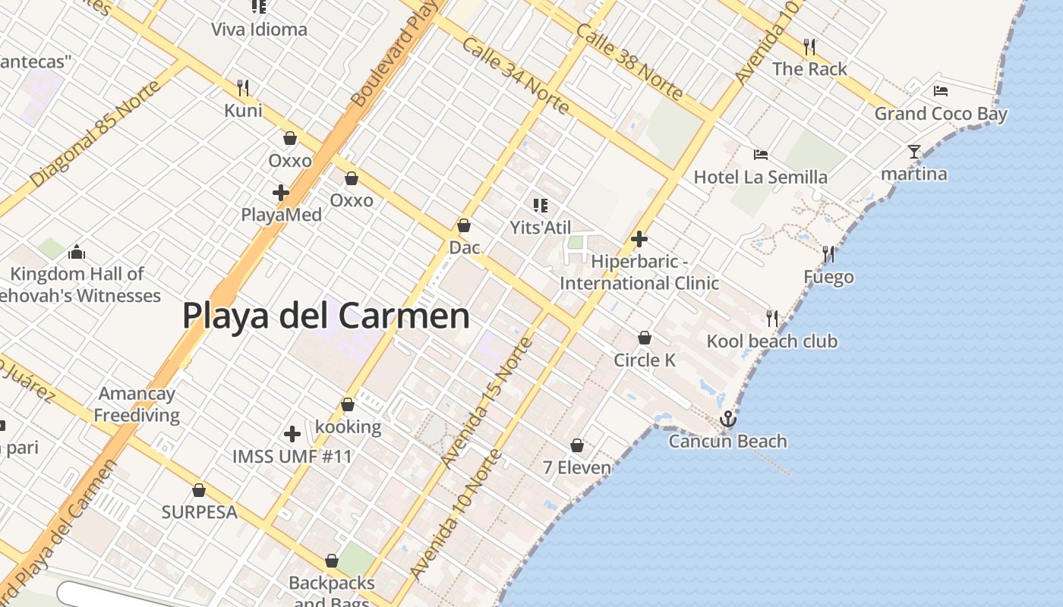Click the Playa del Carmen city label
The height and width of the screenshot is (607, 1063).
[x=326, y=316]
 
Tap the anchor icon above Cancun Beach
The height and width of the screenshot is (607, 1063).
[x=728, y=419]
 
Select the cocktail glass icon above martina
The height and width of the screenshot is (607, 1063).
[x=914, y=152]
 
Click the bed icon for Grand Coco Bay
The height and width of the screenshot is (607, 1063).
[x=941, y=91]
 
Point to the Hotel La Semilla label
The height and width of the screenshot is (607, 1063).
[x=760, y=178]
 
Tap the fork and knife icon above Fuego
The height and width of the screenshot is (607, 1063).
[x=828, y=253]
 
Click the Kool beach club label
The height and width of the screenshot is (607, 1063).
[x=771, y=341]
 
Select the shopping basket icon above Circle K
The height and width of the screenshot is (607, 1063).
[x=645, y=338]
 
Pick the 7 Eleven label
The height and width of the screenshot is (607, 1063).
[x=577, y=467]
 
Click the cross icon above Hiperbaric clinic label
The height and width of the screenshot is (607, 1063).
[x=639, y=239]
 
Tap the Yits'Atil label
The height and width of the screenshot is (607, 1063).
[x=540, y=228]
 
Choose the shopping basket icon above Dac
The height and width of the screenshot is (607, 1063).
[x=464, y=225]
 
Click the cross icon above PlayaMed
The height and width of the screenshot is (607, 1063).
[x=281, y=193]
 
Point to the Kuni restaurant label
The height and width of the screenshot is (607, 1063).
[x=243, y=111]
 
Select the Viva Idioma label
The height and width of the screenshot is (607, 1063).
[x=259, y=30]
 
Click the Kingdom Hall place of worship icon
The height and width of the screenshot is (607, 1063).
[x=76, y=252]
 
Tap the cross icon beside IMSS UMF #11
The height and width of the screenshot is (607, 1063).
[x=292, y=434]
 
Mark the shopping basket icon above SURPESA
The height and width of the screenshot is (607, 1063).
[x=199, y=491]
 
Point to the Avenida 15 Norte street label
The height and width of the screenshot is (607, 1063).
[x=487, y=403]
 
